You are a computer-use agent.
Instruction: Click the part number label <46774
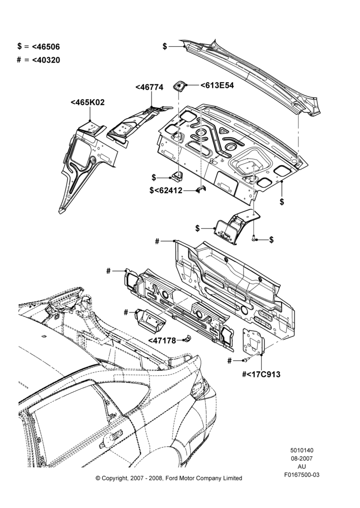click(x=149, y=87)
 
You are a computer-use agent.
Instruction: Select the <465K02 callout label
click(x=87, y=103)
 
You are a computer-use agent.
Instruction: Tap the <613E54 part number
click(x=217, y=85)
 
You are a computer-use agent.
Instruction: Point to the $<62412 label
click(x=166, y=190)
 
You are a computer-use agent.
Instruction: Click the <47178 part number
click(x=162, y=340)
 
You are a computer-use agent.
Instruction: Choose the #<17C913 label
click(x=261, y=374)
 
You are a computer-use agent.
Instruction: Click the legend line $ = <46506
click(x=39, y=46)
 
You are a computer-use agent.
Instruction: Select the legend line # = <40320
click(x=39, y=60)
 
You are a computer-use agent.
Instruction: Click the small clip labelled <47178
click(x=187, y=339)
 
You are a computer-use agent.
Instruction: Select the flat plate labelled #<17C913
click(x=254, y=341)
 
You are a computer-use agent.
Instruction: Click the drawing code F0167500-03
click(x=302, y=474)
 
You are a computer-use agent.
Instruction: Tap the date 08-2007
click(x=302, y=458)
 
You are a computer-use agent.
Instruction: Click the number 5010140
click(x=302, y=450)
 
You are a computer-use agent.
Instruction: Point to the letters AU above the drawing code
click(x=302, y=466)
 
